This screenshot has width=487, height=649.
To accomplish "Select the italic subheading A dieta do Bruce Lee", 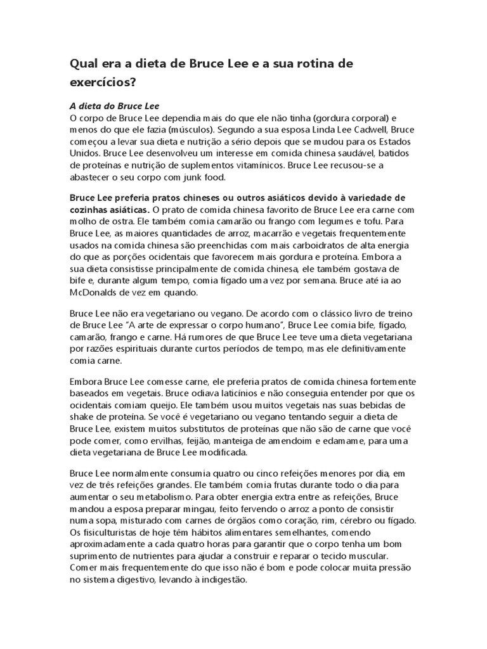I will coord(114,106).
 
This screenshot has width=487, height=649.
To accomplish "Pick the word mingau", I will coord(224,509).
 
